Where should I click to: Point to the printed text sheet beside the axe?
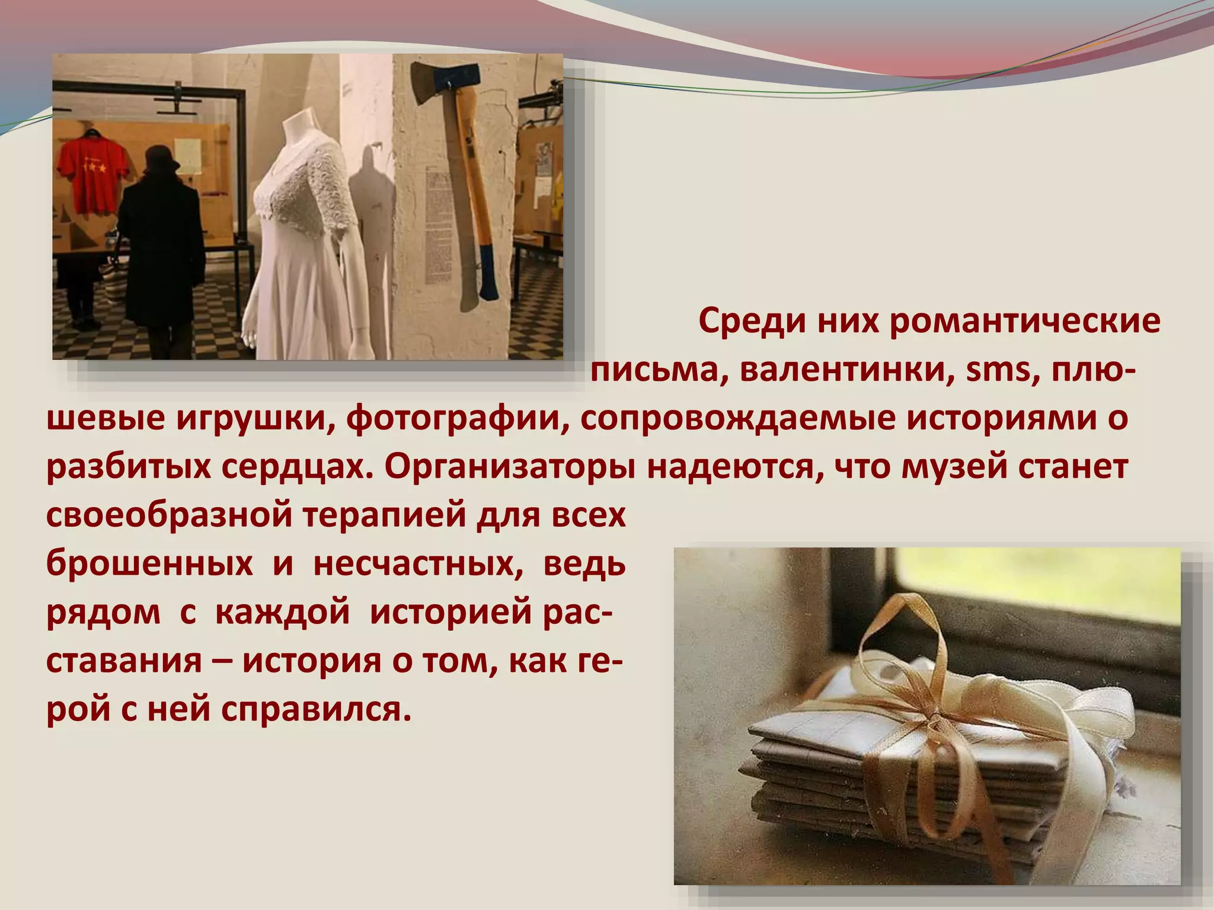(438, 225)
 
